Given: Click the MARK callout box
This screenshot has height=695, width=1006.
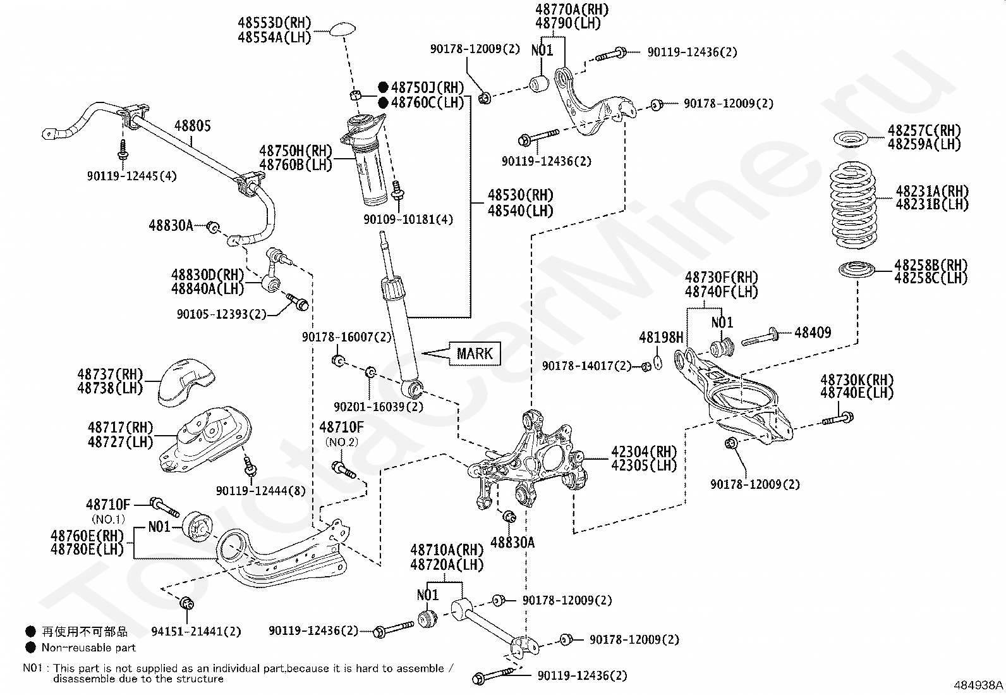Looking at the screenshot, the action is coord(475,354).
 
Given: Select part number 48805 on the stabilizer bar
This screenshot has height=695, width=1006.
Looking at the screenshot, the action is coord(192,126).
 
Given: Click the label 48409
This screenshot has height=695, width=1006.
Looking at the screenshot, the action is coord(813,333).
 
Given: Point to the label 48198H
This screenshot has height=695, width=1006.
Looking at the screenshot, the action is coord(661,337).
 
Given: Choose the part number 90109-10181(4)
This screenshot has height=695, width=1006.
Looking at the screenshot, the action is coord(408,219).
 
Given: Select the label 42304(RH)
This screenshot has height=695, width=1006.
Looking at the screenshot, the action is coord(644,452).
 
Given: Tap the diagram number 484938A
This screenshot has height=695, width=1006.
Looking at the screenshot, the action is coord(978,685).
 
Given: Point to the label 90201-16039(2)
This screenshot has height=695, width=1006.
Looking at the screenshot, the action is coord(379,407).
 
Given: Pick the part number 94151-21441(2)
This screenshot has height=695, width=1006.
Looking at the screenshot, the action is coord(197,632).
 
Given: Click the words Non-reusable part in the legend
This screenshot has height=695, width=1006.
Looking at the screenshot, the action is coord(88,648).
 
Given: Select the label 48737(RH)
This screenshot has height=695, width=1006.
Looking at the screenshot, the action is coord(110,374).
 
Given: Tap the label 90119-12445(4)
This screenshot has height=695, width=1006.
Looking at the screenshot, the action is coord(132,176).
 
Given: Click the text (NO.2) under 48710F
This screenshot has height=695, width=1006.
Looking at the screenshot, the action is coord(342,442).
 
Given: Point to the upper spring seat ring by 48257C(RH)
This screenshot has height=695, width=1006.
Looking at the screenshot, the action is coord(851,140).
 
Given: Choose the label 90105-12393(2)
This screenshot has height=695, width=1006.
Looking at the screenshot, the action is coord(222,314).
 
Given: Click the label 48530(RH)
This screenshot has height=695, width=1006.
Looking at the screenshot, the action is coord(521,195).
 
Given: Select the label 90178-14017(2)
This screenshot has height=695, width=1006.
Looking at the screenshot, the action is coord(587,366).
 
